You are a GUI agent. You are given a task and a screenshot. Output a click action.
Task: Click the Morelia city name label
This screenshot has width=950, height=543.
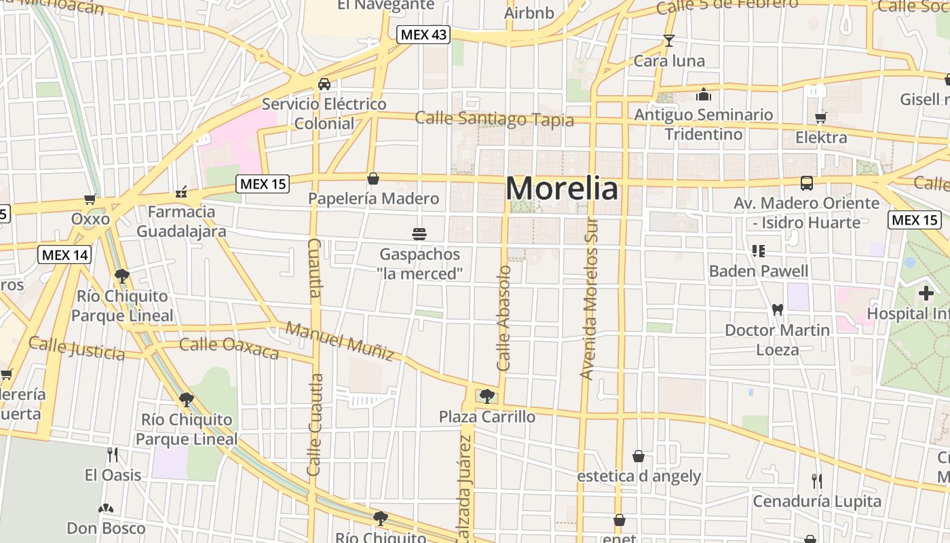tap(562, 188)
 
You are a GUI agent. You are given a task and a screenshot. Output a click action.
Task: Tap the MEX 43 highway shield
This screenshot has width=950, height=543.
tap(424, 35)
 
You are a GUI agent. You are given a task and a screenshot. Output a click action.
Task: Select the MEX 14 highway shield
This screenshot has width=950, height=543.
tap(64, 255)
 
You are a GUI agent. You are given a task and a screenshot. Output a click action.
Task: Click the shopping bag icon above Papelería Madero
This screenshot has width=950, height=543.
tap(373, 179)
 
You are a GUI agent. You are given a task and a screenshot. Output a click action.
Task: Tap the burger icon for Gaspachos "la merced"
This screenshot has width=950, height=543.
tap(419, 235)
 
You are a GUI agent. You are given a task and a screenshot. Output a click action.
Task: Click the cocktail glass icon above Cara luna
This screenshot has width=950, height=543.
tap(669, 41)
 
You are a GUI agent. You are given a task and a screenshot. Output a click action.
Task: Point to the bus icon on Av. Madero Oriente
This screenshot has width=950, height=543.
tap(806, 183)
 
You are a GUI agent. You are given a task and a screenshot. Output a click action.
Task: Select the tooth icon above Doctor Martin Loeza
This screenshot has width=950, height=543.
tap(778, 310)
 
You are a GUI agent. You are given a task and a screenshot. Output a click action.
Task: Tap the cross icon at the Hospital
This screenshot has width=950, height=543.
tap(926, 294)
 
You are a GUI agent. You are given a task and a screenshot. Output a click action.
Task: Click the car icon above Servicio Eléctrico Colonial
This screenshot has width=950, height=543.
tap(324, 84)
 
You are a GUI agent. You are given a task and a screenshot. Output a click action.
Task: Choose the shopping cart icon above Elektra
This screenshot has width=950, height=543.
tap(821, 118)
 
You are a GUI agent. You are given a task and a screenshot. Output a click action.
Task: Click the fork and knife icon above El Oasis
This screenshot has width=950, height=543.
tap(113, 455)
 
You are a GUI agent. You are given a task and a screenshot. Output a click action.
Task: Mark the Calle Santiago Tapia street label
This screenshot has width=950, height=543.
tap(494, 119)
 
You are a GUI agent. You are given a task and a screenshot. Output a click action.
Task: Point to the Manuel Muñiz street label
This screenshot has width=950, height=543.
tap(339, 341)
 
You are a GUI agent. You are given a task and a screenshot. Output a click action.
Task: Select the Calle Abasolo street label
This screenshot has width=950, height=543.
tap(504, 318)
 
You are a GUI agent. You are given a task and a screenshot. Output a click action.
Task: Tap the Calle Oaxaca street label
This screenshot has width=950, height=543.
tap(229, 348)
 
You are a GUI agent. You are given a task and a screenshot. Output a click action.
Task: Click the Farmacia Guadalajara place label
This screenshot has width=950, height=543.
tap(181, 221)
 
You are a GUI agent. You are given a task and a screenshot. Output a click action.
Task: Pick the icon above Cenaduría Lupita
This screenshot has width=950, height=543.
tap(817, 481)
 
